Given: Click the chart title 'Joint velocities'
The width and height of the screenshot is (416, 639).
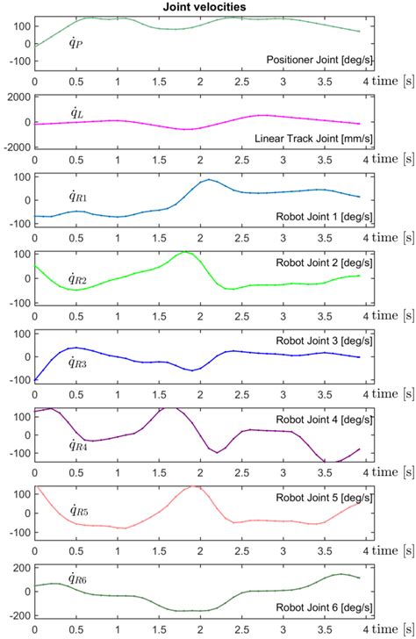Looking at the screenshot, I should (x=209, y=6).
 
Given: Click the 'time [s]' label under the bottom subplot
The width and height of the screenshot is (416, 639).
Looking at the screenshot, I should (x=390, y=629).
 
